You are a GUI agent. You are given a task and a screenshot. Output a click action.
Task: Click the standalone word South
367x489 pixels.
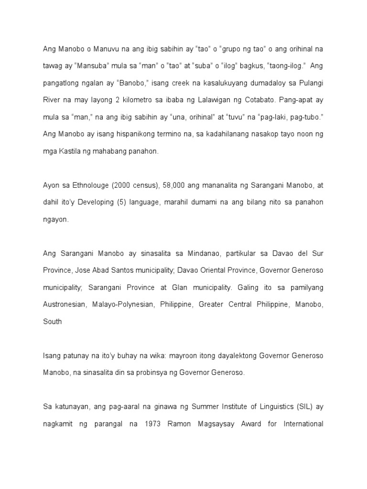click(x=53, y=321)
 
